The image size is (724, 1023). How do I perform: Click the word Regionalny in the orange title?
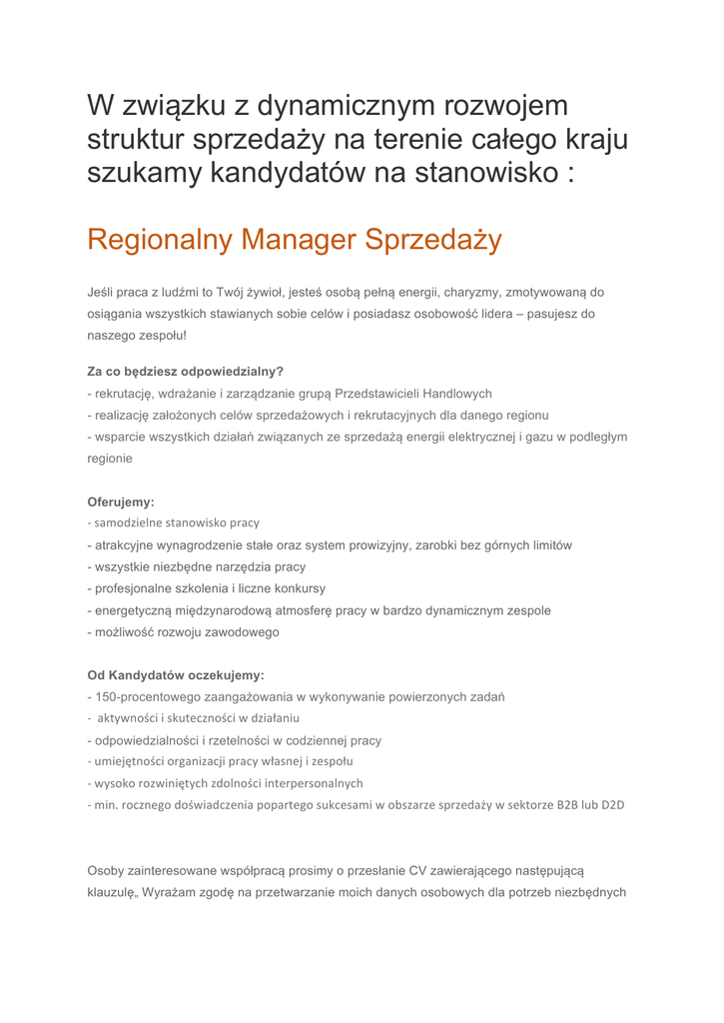point(160,240)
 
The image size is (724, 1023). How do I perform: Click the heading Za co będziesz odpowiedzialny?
point(186,372)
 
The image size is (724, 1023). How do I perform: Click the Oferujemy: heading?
point(121,503)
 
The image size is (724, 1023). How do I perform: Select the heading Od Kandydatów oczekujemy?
point(176,675)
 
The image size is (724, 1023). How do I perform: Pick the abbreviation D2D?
point(612,805)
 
